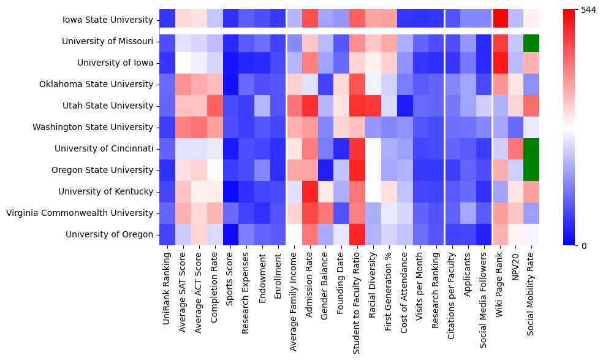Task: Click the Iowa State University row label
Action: click(107, 20)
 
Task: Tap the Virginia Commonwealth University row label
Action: click(79, 213)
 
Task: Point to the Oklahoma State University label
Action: click(100, 84)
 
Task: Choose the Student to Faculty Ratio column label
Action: click(358, 301)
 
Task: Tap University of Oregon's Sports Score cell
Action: click(231, 234)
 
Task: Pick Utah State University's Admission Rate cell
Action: click(311, 105)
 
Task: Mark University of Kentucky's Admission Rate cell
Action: click(311, 191)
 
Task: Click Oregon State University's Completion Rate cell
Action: click(215, 170)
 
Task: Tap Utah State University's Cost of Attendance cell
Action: click(406, 105)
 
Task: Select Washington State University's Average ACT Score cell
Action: click(199, 127)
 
